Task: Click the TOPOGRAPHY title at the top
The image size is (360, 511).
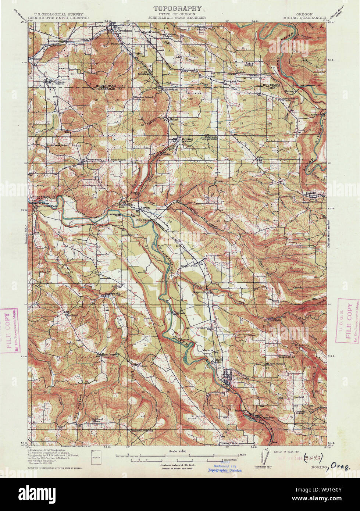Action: point(177,8)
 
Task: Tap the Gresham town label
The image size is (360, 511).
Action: point(125,31)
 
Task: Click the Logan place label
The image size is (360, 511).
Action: point(116,285)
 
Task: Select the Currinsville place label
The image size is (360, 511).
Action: point(202,327)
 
